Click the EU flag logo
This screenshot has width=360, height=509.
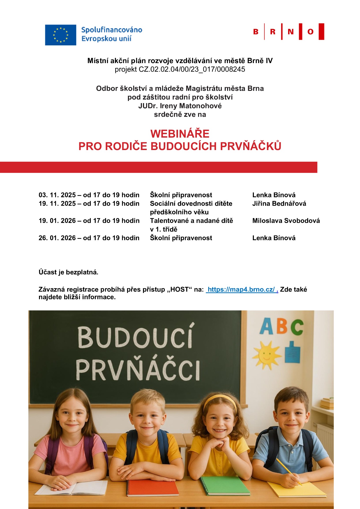point(60,35)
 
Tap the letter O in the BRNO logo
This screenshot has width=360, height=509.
point(310,32)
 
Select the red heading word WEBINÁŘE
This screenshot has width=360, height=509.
point(180,134)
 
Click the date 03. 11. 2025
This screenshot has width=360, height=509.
point(57,195)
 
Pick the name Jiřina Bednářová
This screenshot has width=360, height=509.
point(279,204)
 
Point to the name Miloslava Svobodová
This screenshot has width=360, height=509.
point(286,221)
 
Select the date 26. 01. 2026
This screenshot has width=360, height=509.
point(57,238)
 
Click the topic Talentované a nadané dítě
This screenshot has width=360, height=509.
point(191,221)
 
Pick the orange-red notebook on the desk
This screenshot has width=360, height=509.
point(152,488)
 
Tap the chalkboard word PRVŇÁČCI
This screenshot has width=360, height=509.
point(138,370)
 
